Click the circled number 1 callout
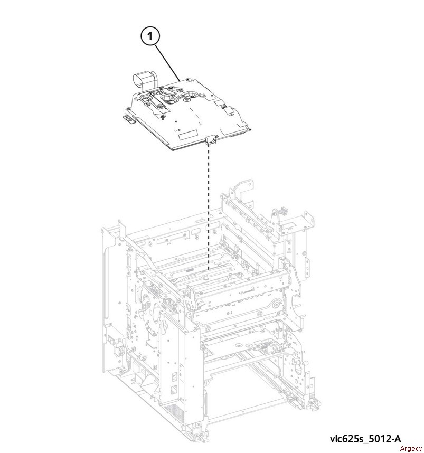pyautogui.click(x=150, y=36)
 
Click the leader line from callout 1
pyautogui.click(x=168, y=62)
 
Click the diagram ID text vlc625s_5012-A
pyautogui.click(x=365, y=439)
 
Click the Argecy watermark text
pyautogui.click(x=411, y=448)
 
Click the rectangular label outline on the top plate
pyautogui.click(x=188, y=135)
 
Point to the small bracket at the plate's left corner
pyautogui.click(x=129, y=119)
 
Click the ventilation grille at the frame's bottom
pyautogui.click(x=174, y=413)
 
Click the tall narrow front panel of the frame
pyautogui.click(x=179, y=367)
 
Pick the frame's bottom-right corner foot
pyautogui.click(x=314, y=402)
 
